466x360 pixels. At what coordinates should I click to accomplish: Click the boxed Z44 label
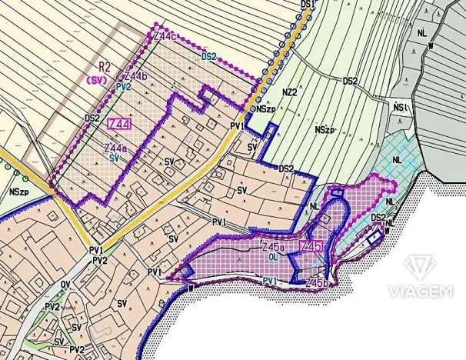click(x=119, y=124)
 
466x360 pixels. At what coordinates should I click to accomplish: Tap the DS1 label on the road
click(x=308, y=5)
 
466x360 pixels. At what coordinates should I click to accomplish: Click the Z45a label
click(x=274, y=248)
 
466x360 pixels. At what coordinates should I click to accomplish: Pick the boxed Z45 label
click(x=308, y=248)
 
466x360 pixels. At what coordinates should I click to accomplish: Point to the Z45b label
click(x=318, y=284)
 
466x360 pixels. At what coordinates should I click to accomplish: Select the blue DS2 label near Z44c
click(x=208, y=56)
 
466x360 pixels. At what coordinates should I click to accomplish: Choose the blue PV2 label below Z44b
click(x=122, y=88)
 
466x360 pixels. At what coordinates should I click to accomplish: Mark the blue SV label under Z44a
click(x=113, y=157)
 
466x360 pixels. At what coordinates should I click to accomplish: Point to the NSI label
click(x=400, y=106)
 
